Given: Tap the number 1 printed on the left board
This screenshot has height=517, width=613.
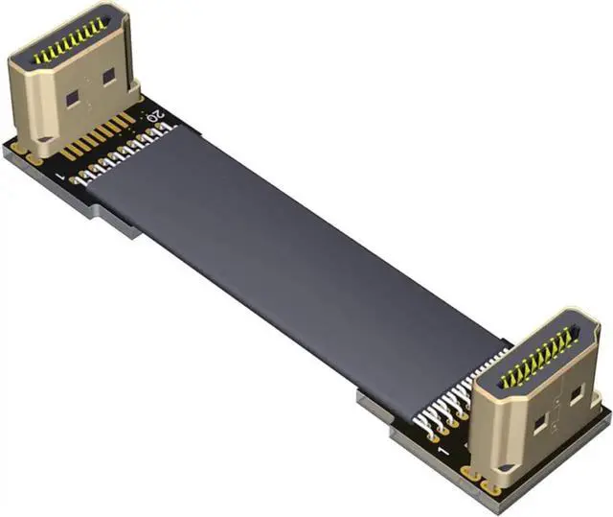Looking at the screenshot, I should pyautogui.click(x=62, y=179).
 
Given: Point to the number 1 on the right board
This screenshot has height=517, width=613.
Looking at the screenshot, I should pyautogui.click(x=440, y=449).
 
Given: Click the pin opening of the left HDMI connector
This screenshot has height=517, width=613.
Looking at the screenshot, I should pyautogui.click(x=69, y=42).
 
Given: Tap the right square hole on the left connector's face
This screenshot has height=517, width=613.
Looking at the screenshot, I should pyautogui.click(x=108, y=74).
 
